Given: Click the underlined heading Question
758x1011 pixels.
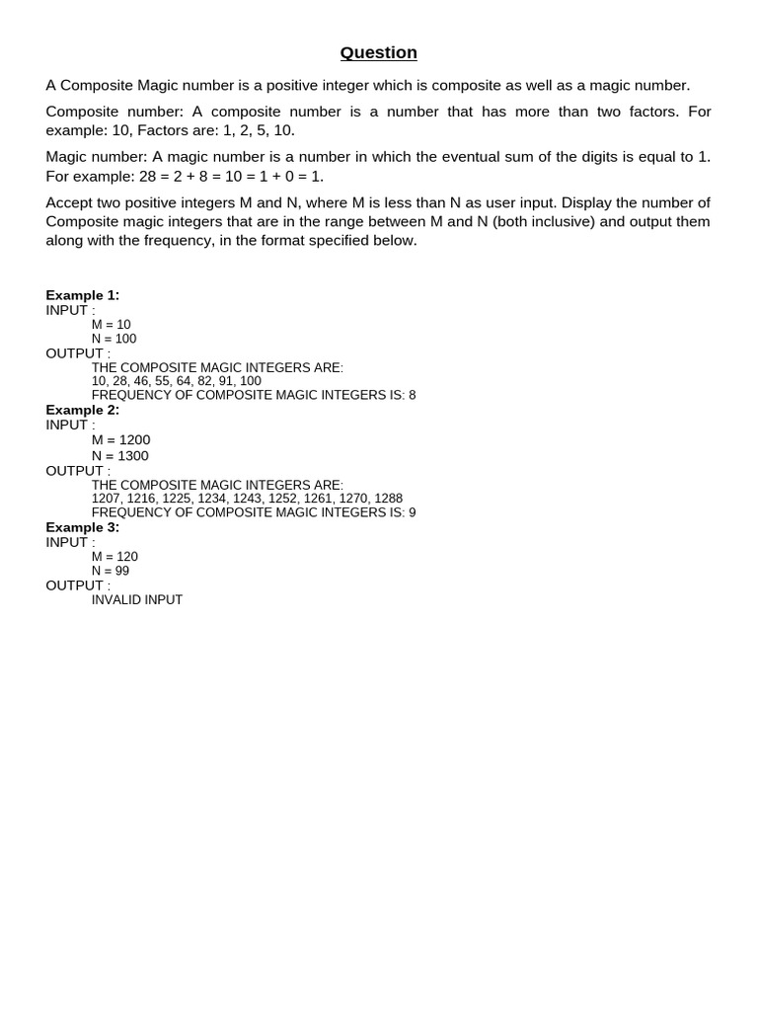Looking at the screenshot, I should [378, 53].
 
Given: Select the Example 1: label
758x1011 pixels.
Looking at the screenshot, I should [82, 295].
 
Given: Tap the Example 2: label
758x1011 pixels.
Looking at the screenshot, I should [82, 410].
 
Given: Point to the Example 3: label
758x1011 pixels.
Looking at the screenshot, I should [82, 527].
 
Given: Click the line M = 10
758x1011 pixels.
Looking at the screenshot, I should [112, 325].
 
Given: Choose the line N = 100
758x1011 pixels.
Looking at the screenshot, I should [114, 339].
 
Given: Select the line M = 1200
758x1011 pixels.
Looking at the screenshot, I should [121, 440].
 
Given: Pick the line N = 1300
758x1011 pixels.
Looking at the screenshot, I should [120, 456].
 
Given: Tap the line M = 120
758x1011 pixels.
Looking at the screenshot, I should [114, 557].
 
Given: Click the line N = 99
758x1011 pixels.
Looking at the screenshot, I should [111, 571].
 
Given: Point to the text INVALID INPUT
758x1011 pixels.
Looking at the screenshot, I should [137, 600].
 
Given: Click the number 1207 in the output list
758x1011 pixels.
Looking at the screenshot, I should [106, 499].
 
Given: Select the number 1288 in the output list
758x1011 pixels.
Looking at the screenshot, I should [388, 499].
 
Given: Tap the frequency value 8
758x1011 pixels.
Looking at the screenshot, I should [412, 395].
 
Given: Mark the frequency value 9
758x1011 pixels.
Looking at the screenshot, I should [412, 512].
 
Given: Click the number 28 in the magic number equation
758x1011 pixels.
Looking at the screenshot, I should [149, 177].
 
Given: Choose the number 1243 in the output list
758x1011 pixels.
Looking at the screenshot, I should [247, 499].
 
